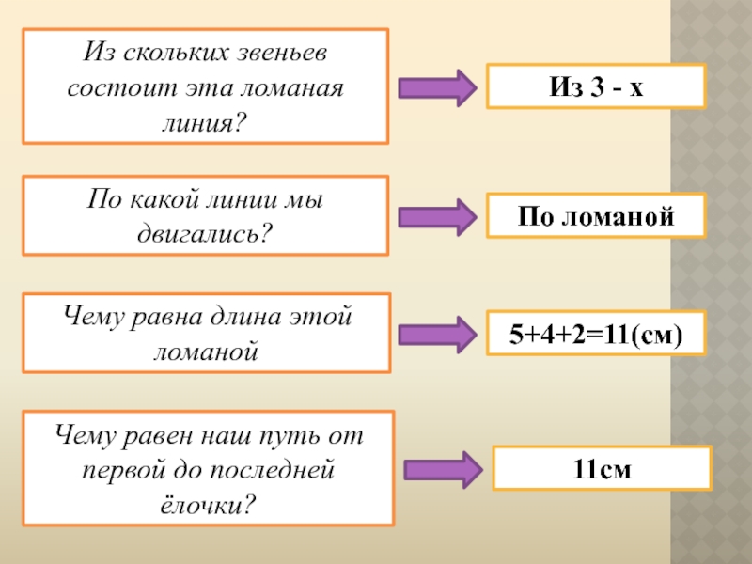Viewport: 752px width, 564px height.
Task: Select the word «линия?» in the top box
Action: [206, 121]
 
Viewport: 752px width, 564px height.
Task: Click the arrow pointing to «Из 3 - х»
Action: [439, 87]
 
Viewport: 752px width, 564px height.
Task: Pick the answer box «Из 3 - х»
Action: [595, 86]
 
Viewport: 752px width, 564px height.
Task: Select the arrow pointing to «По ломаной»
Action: [439, 216]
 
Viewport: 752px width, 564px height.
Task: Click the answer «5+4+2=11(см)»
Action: [595, 334]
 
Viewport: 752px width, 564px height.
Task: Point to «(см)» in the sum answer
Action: [659, 334]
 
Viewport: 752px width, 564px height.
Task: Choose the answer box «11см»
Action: [603, 467]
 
